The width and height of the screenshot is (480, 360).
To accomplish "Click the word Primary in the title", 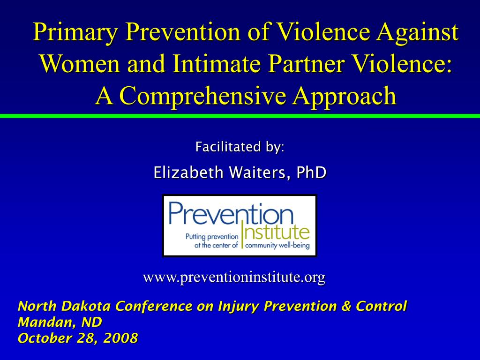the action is coord(75,32).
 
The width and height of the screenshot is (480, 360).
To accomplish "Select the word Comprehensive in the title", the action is coord(205,96).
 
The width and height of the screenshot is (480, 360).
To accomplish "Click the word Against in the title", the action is coord(418,32).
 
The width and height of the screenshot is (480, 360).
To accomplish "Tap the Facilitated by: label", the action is coord(240,147).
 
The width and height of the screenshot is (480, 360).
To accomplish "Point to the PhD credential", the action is coord(311,172).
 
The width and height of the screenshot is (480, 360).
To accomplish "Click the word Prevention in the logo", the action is coord(231,213).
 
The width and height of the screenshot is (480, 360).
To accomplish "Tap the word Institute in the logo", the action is coord(276,232).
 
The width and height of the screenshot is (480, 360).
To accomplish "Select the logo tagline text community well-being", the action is coord(277,246).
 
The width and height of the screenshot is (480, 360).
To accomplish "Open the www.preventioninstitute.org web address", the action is coord(234,277).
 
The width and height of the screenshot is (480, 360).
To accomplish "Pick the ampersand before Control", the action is coord(346,306).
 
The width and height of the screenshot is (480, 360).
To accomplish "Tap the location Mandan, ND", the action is coord(60,322).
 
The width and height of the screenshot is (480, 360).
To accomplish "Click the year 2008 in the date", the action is coord(120,338).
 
